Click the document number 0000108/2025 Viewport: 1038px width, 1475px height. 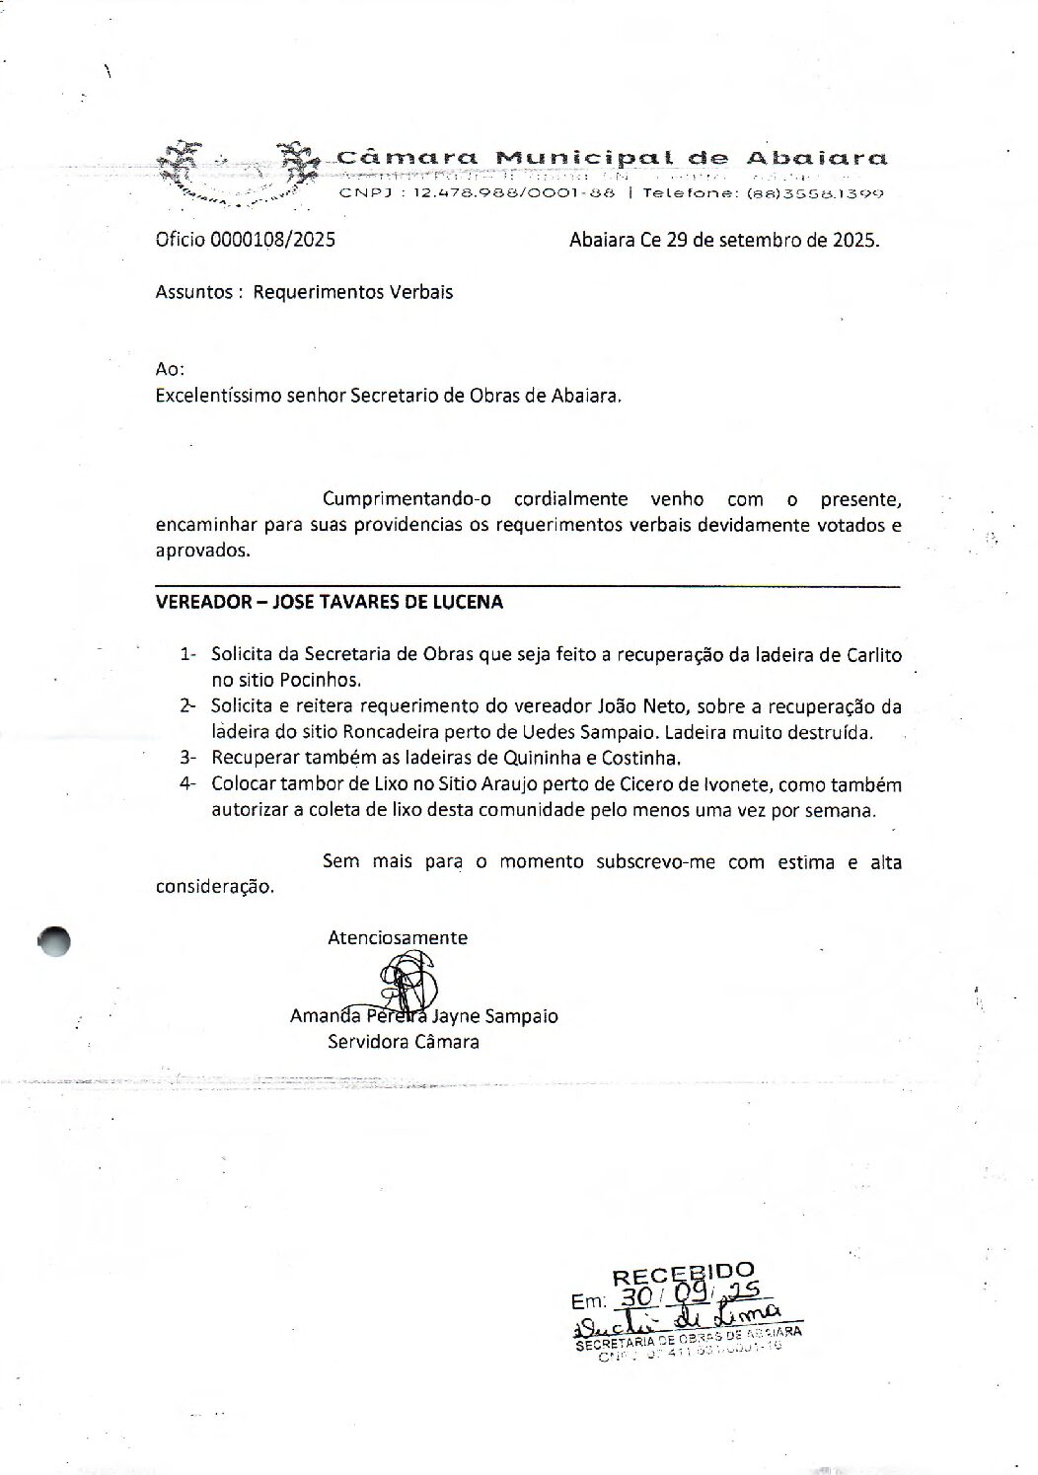coord(271,239)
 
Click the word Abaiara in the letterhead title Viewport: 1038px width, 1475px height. coord(816,158)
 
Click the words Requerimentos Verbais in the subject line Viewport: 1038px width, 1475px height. coord(352,292)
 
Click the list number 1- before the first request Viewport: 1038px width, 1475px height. coord(188,654)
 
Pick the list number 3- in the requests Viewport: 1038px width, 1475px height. coord(188,759)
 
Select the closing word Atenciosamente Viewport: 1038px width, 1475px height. coord(398,938)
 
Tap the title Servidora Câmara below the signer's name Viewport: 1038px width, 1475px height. coord(404,1042)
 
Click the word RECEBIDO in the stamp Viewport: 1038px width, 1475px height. coord(683,1276)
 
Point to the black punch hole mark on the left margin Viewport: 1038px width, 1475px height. coord(55,941)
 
